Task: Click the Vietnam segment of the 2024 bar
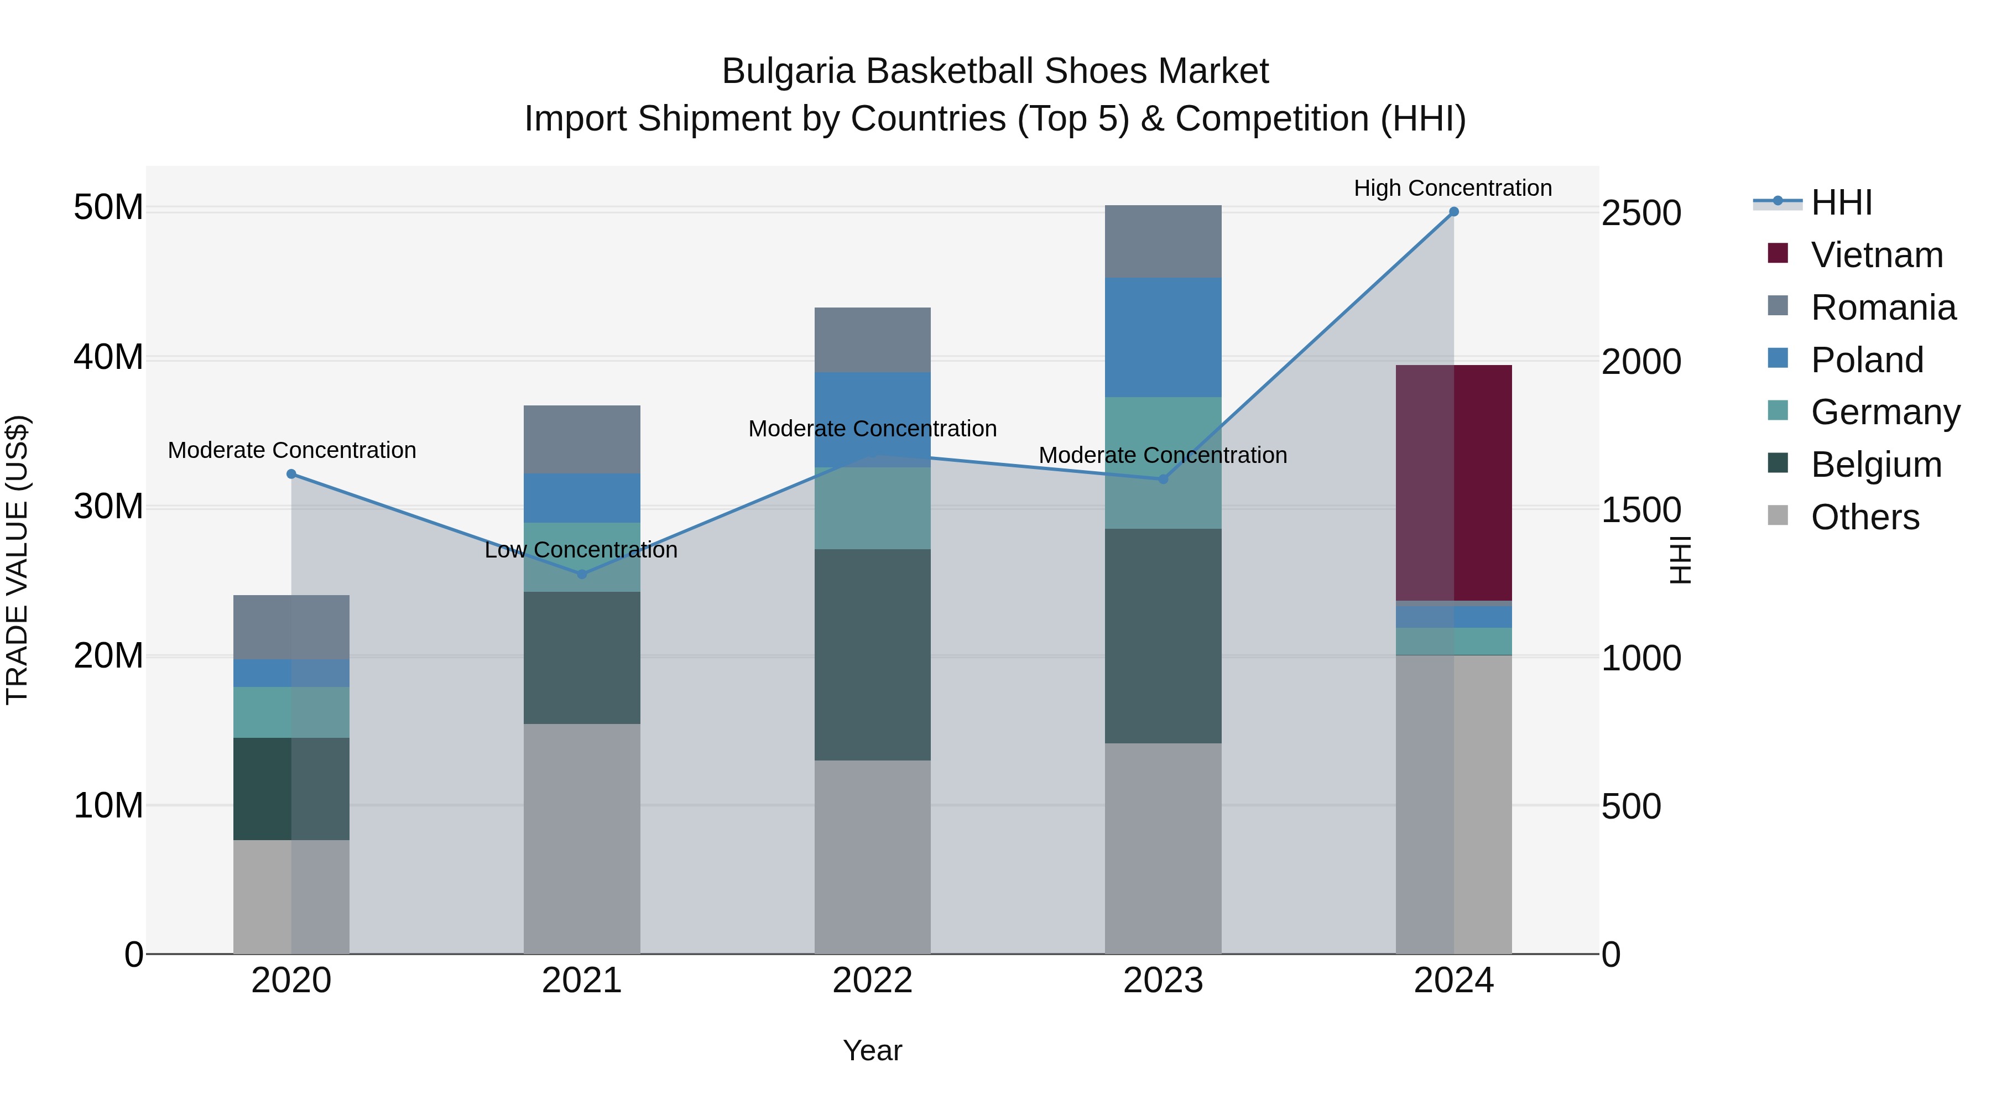(1453, 482)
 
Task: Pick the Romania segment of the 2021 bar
(581, 439)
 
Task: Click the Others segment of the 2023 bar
(1163, 848)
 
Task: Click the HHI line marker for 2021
(582, 574)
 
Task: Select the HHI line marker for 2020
(291, 474)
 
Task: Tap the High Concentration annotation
(1452, 188)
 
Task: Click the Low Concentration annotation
(581, 550)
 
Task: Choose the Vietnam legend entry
(1876, 255)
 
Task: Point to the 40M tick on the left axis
(108, 357)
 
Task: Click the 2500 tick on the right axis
(1641, 213)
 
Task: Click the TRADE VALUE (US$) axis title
(17, 560)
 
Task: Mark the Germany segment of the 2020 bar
(291, 712)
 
